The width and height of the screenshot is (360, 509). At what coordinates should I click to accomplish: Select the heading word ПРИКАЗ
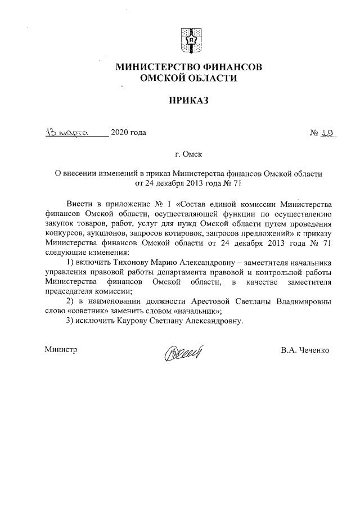[x=188, y=100]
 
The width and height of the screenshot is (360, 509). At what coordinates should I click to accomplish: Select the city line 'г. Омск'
[x=188, y=153]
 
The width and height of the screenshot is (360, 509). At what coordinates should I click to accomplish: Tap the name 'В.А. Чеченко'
[x=305, y=349]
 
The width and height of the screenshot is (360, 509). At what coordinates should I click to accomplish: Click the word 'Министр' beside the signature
[x=60, y=349]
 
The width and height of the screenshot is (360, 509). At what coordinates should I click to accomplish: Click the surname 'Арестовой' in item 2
[x=214, y=301]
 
